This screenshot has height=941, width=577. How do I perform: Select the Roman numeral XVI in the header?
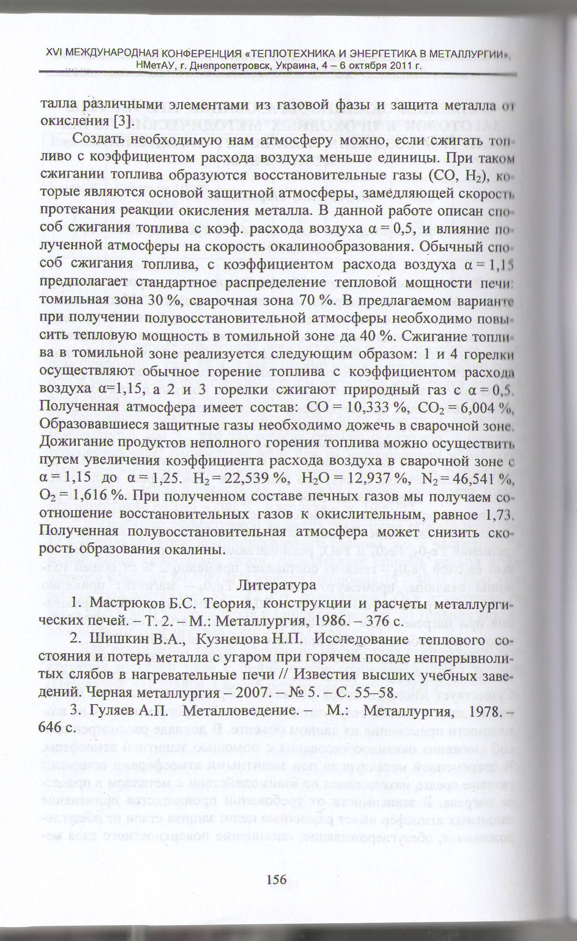pyautogui.click(x=53, y=53)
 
